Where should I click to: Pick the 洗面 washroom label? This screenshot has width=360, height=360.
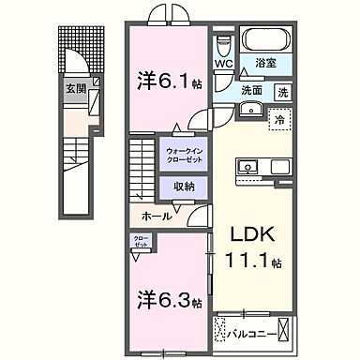(248, 92)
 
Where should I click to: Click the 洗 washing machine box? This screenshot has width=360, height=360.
(282, 92)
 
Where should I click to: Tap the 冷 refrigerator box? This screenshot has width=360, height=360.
(278, 118)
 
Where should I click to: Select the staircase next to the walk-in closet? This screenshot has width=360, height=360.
(142, 169)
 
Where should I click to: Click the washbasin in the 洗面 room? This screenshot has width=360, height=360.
(249, 110)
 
